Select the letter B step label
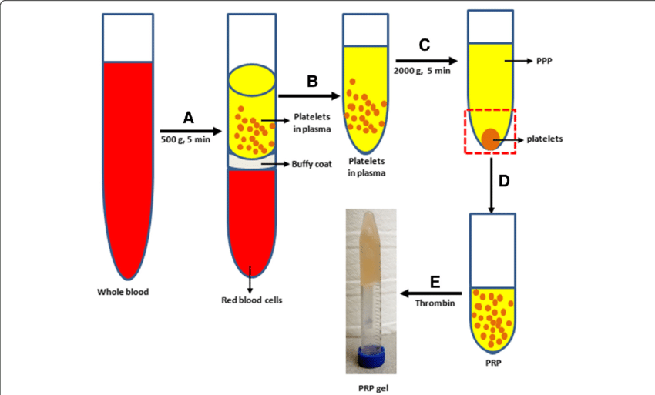pos(312,80)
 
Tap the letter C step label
pos(424,45)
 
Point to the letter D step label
pos(504,181)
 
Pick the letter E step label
pos(435,282)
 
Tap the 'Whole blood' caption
pos(123,292)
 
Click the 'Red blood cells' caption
pos(247,300)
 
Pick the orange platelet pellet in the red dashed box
pos(489,139)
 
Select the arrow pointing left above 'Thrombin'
pos(432,293)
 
